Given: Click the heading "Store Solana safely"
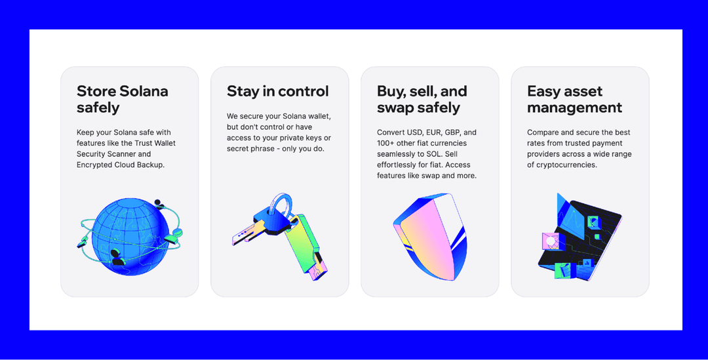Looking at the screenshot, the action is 123,99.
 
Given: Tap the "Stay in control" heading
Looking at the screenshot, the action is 278,91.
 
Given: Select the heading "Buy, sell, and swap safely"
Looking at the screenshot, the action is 422,99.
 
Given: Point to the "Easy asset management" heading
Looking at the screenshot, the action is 574,99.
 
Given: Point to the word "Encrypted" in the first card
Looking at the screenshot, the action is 93,165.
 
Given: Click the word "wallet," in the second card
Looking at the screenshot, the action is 319,116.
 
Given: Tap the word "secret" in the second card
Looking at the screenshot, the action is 237,149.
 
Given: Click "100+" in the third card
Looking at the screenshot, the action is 385,143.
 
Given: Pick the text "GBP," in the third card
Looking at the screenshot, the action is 454,132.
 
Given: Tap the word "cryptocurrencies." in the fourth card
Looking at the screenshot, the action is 566,165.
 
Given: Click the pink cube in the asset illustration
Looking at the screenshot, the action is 550,242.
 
